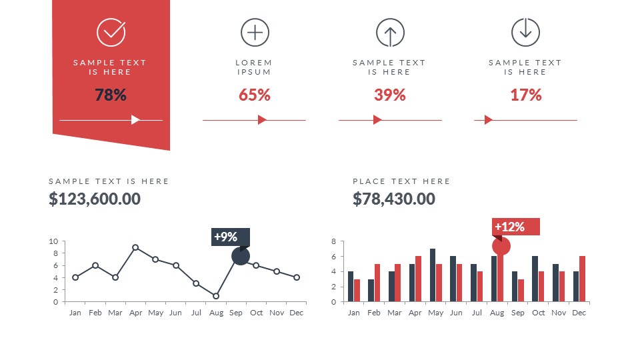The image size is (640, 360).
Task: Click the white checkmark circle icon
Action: (111, 31)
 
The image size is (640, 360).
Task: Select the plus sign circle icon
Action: (255, 32)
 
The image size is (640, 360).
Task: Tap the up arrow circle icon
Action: (390, 32)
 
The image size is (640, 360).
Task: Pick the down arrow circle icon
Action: (525, 31)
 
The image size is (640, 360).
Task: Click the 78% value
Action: (111, 95)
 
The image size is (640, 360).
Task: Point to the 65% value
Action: (255, 95)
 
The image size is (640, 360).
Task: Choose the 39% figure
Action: (390, 95)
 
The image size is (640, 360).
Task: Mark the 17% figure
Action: (526, 95)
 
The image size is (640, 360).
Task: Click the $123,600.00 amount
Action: (95, 199)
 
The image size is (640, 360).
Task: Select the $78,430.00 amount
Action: (394, 199)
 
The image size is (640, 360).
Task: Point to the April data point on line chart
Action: (135, 247)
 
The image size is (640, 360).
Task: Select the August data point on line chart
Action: (216, 295)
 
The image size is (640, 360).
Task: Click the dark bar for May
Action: (433, 275)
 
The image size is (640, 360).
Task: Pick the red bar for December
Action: (582, 279)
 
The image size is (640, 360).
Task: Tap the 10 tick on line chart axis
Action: (54, 241)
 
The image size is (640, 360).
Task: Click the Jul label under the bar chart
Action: (477, 313)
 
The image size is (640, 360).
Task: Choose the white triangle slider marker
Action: (135, 120)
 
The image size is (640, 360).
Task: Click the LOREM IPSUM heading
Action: (254, 67)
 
